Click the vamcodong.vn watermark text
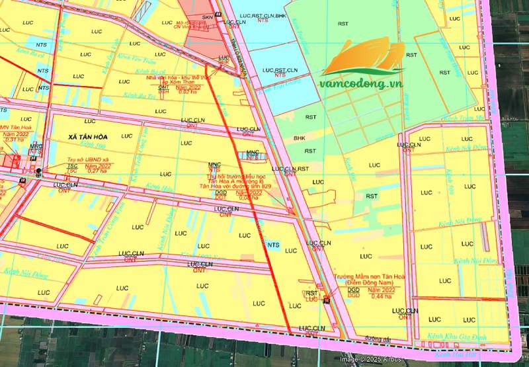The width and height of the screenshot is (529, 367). pyautogui.click(x=360, y=84)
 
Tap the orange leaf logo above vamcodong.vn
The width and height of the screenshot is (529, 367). pyautogui.click(x=362, y=58)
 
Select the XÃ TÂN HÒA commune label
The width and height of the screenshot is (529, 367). pyautogui.click(x=87, y=136)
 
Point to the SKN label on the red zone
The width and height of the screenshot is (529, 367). pyautogui.click(x=208, y=17)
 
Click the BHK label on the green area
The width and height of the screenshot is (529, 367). pyautogui.click(x=300, y=138)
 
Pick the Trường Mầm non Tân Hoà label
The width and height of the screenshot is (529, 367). pyautogui.click(x=359, y=277)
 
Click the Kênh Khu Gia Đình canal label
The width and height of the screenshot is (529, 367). pyautogui.click(x=457, y=337)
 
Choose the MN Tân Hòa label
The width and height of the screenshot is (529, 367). pyautogui.click(x=13, y=128)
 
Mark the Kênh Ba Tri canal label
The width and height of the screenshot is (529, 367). pyautogui.click(x=139, y=96)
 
